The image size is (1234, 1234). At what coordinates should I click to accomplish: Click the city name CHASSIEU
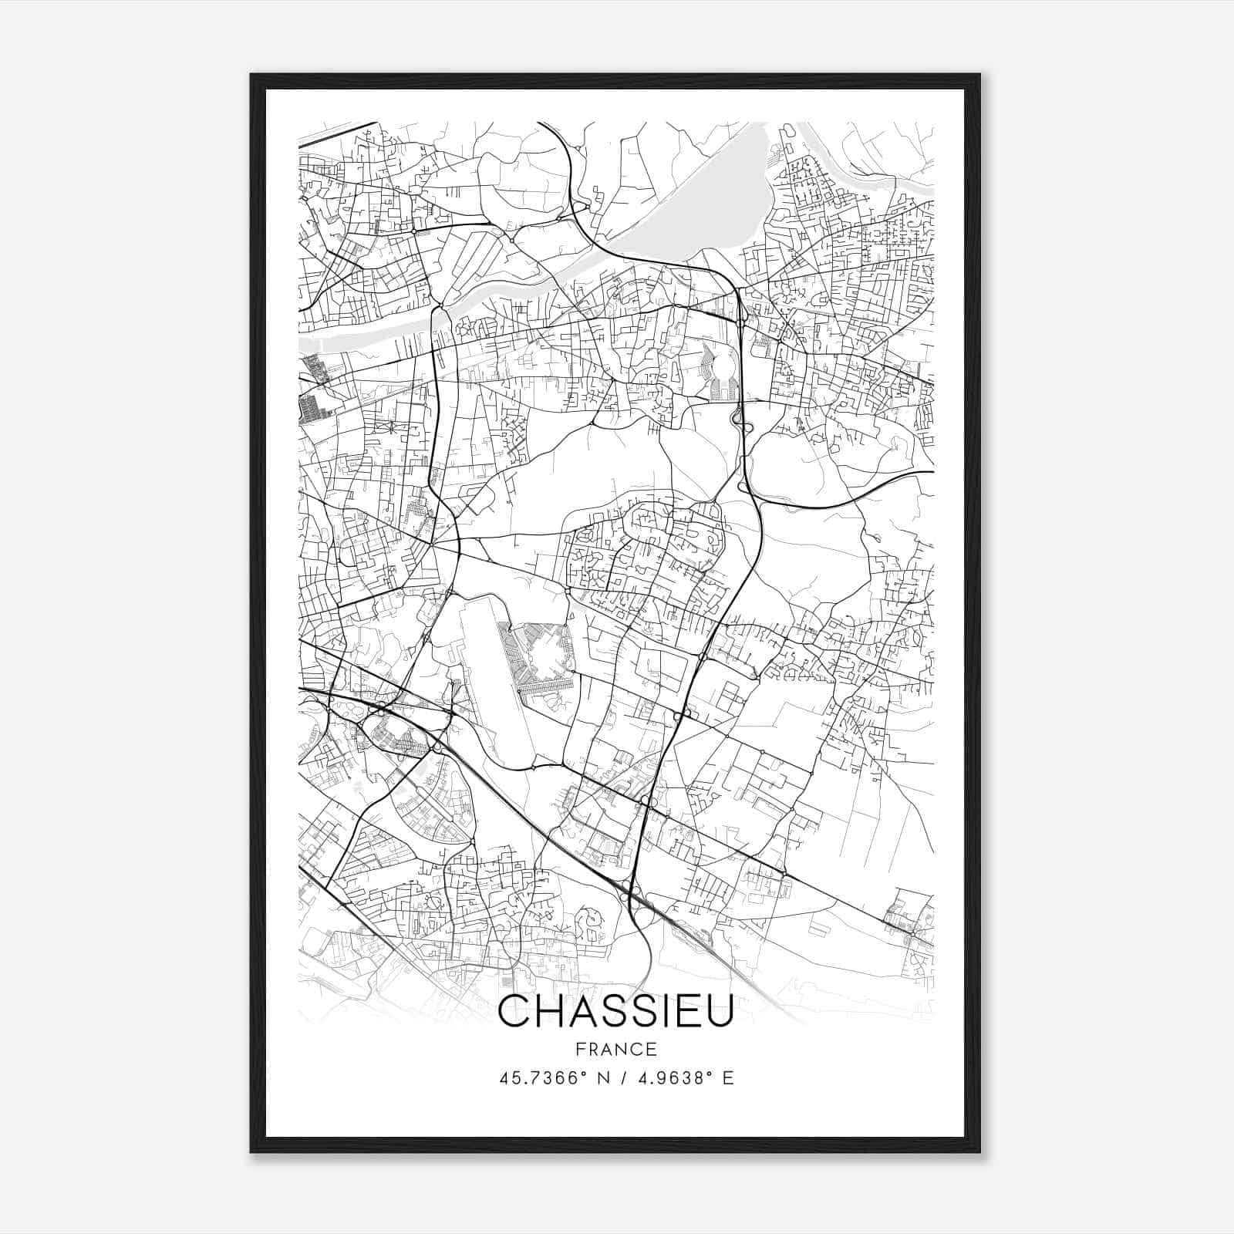point(615,1013)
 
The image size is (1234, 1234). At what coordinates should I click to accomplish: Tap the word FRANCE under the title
point(615,1050)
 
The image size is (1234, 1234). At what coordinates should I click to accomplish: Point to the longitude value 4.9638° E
point(682,1078)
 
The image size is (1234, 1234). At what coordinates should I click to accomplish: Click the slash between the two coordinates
point(616,1078)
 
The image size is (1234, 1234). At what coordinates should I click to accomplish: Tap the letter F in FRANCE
point(580,1050)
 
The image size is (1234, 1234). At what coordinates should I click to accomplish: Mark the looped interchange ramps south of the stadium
point(737,420)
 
